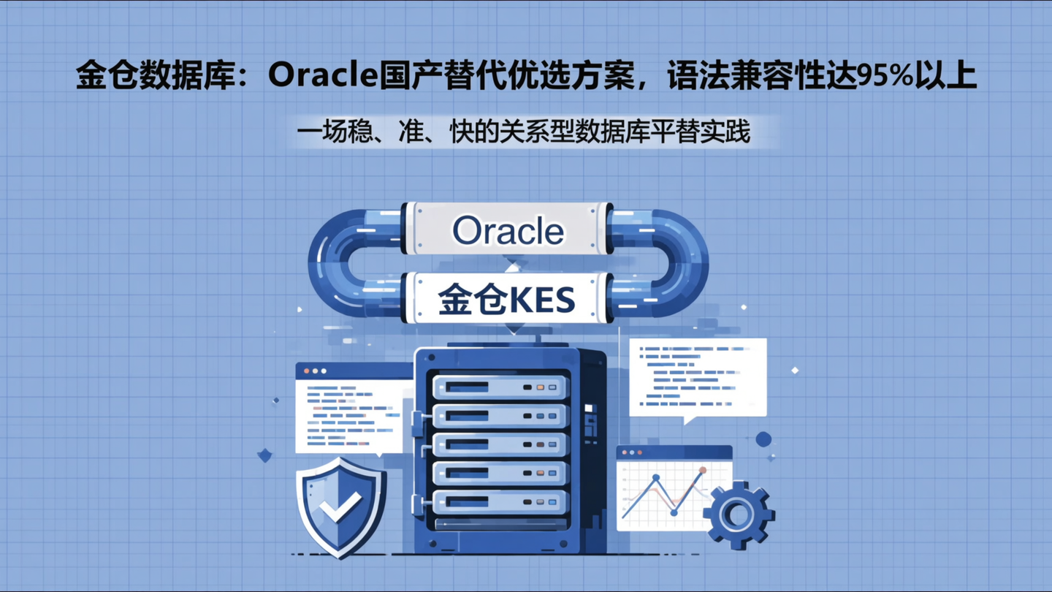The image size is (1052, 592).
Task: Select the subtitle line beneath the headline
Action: [x=524, y=132]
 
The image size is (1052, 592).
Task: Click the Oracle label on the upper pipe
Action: [x=508, y=231]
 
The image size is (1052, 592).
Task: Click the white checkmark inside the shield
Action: [x=340, y=506]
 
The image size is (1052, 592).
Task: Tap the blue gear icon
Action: [x=738, y=515]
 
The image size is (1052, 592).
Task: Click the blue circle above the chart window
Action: [x=763, y=439]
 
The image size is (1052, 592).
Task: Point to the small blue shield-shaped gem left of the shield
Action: [x=265, y=456]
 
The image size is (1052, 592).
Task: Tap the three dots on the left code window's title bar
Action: [x=316, y=371]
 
